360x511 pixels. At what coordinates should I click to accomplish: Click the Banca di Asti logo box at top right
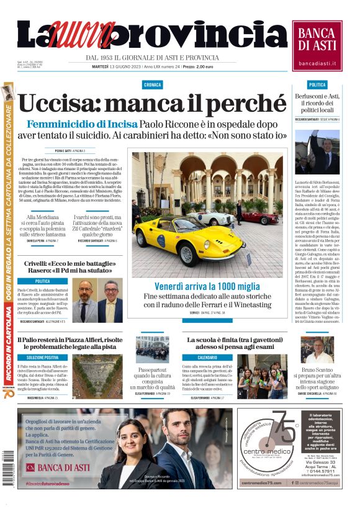[x=317, y=45]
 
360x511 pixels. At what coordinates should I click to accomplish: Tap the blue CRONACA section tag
[x=152, y=84]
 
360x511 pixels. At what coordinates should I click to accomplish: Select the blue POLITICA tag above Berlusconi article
[x=317, y=84]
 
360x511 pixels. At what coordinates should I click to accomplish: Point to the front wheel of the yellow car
[x=187, y=254]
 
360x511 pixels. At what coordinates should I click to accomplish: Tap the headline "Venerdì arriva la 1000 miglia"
[x=207, y=286]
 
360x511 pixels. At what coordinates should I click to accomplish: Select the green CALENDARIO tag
[x=207, y=358]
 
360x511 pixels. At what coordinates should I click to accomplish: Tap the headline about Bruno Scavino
[x=317, y=377]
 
